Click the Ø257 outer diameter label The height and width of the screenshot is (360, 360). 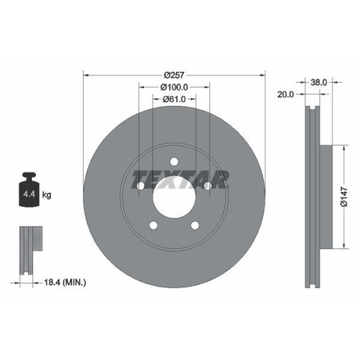pos(174,75)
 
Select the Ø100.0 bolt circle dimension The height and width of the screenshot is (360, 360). pos(174,87)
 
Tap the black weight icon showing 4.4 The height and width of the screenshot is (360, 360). pos(29,189)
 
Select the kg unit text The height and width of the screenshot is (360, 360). pos(47,194)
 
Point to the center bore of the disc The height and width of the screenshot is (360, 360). pos(174,197)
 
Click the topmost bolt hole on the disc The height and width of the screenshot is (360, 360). pos(174,161)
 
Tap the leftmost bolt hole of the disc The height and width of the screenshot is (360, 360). pos(140,186)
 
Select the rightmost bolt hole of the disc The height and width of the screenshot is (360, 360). pos(208,186)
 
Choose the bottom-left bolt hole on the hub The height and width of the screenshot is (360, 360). pos(153,226)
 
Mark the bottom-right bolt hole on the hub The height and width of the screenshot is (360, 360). pos(195,226)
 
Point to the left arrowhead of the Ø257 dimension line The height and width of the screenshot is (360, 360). pos(86,75)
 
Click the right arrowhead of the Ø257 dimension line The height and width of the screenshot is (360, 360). pos(263,75)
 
